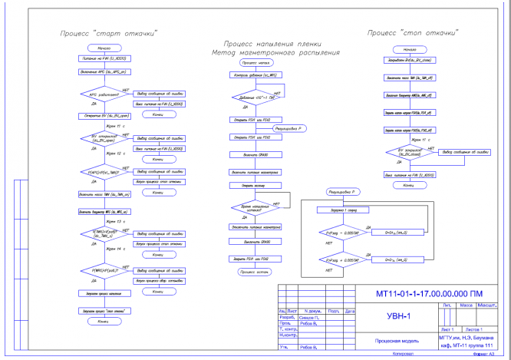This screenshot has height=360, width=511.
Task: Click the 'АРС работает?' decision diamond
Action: click(x=103, y=94)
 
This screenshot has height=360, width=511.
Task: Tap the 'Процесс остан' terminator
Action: click(x=252, y=271)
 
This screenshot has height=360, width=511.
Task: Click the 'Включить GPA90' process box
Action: click(x=252, y=154)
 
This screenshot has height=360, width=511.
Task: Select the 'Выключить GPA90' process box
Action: click(x=252, y=243)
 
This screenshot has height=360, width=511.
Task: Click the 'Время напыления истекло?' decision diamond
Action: click(x=252, y=208)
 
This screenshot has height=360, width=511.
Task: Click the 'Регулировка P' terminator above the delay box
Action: click(x=343, y=191)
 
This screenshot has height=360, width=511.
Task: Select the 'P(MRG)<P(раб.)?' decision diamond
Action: click(x=103, y=271)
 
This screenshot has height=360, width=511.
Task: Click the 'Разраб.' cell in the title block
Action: click(x=286, y=317)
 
